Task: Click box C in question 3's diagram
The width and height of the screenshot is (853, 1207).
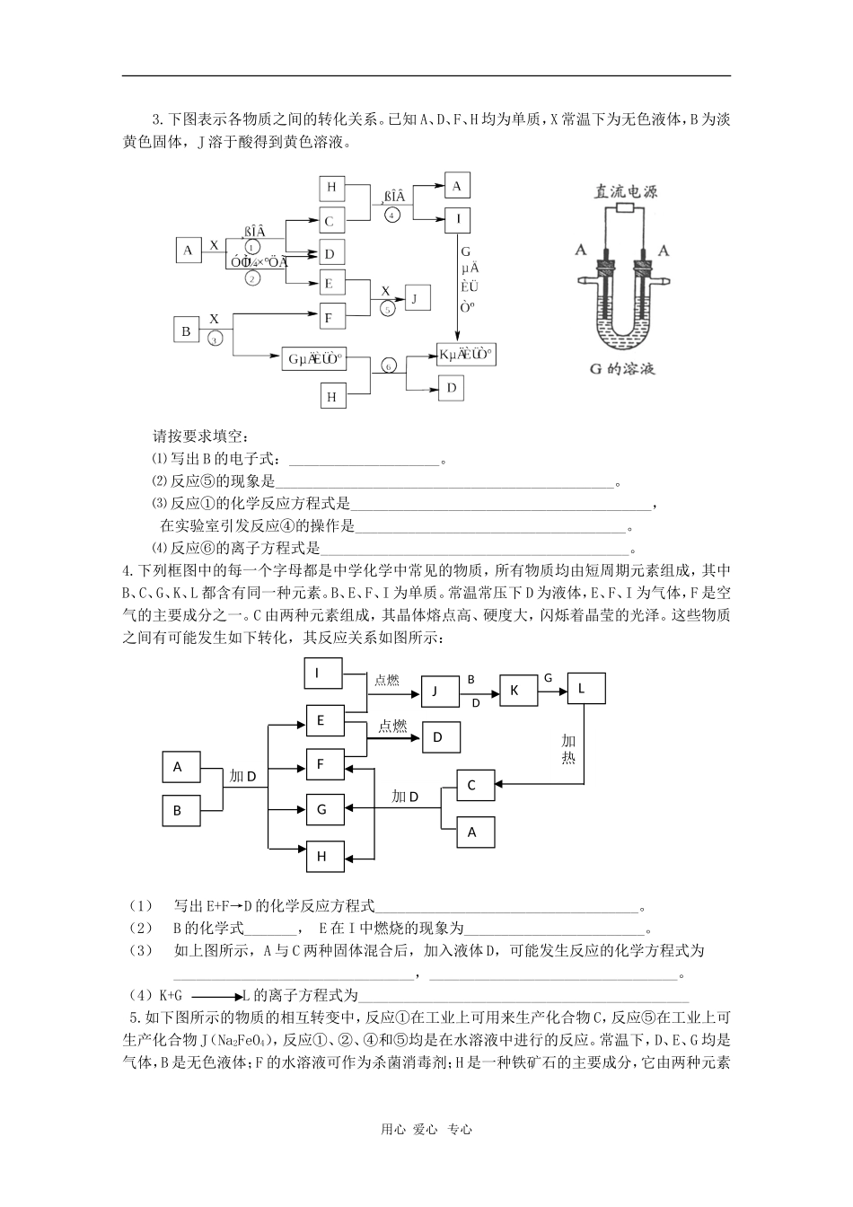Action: [330, 221]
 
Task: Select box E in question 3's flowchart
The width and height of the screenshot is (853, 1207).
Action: [330, 283]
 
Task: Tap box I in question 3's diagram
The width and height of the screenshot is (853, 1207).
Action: [457, 219]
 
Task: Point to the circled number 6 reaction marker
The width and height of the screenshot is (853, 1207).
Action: [388, 366]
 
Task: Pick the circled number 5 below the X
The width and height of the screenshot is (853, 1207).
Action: [387, 308]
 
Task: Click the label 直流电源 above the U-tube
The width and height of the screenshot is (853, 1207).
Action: [625, 191]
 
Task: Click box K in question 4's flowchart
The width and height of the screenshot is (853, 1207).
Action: [514, 690]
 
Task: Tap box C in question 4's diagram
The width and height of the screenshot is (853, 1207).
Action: [471, 786]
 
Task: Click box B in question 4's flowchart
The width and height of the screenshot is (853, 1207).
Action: [178, 810]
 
